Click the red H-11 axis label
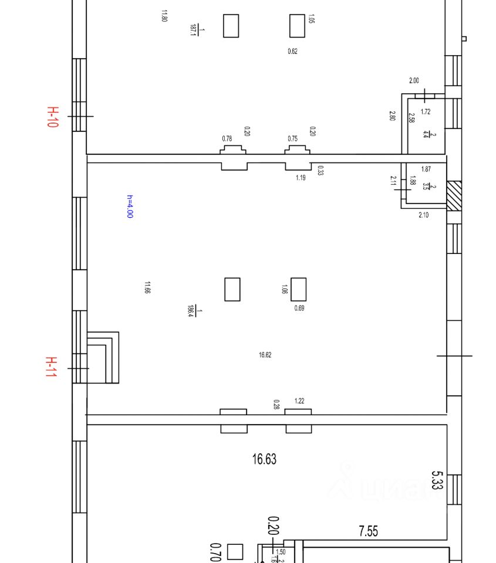[x=52, y=367]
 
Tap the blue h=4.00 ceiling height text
[x=130, y=206]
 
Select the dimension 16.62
[x=265, y=355]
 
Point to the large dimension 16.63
[x=264, y=459]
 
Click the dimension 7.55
[x=368, y=531]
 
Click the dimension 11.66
[x=147, y=287]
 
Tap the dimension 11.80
[x=164, y=16]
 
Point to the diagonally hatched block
[x=454, y=195]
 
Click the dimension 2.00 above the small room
[x=414, y=81]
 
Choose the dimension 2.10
[x=423, y=215]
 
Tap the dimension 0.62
[x=292, y=52]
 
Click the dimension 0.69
[x=299, y=308]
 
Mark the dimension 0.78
[x=227, y=138]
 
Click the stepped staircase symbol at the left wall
[x=103, y=358]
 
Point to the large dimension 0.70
[x=214, y=552]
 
